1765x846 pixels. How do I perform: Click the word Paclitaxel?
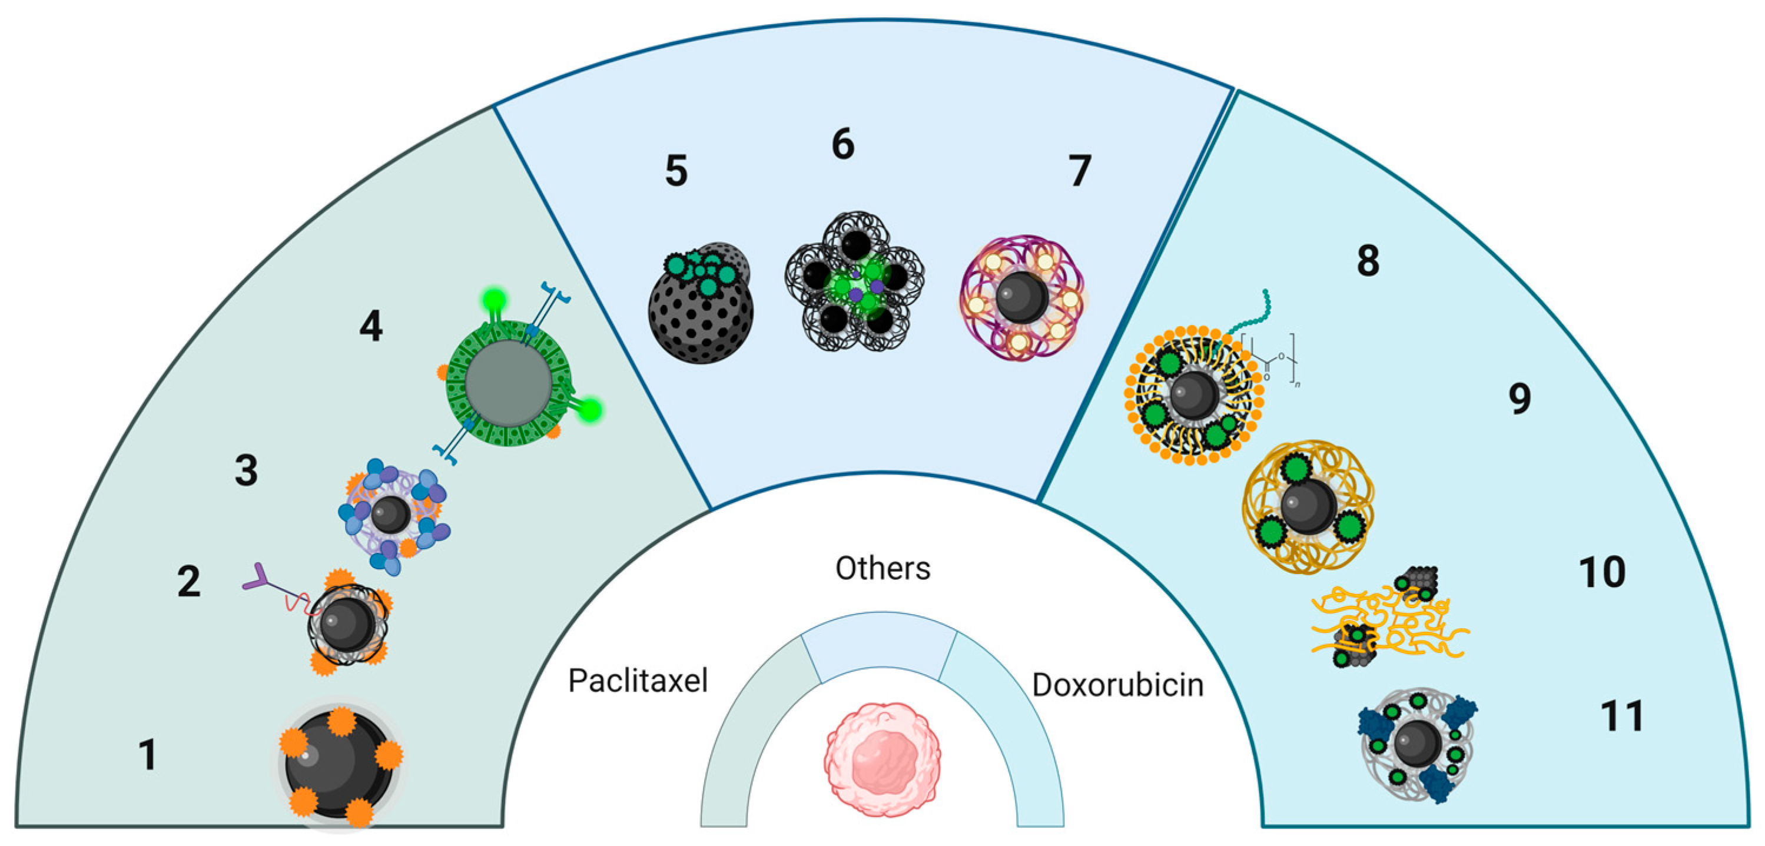tap(637, 681)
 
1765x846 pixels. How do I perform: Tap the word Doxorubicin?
tap(1117, 685)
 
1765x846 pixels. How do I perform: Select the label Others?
tap(882, 569)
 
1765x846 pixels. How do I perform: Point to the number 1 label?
tap(147, 755)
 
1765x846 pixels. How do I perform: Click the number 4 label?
tap(371, 326)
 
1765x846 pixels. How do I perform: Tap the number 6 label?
tap(842, 145)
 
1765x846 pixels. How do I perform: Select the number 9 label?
tap(1520, 399)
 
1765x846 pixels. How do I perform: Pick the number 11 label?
tap(1622, 716)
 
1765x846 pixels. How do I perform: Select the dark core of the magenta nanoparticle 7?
tap(1021, 297)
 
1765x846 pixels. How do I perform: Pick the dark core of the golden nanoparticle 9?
tap(1308, 506)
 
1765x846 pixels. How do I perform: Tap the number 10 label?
tap(1602, 572)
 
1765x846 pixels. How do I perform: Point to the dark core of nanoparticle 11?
tap(1417, 742)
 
